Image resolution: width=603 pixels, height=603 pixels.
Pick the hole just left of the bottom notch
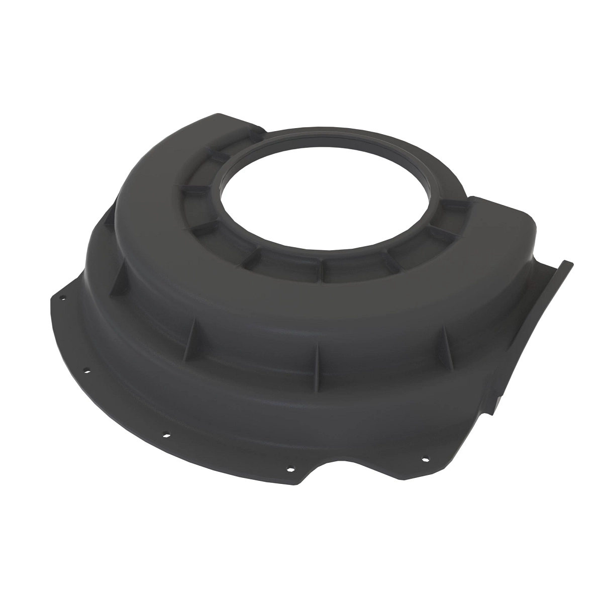pyautogui.click(x=289, y=470)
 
